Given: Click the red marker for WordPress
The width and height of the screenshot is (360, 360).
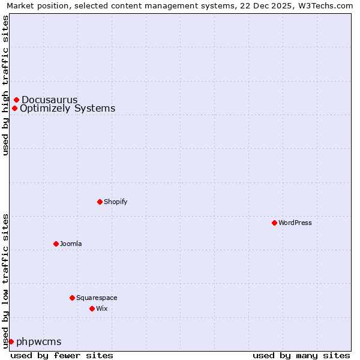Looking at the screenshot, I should (274, 223).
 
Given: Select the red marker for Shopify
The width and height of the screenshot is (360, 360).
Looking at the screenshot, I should (100, 202).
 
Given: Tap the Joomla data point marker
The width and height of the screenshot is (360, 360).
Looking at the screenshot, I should (56, 244).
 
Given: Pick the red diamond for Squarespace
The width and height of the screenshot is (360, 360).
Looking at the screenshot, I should (72, 298).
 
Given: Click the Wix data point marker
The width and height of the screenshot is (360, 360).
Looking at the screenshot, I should (92, 308).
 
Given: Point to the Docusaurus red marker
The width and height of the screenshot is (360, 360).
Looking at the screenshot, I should (16, 100).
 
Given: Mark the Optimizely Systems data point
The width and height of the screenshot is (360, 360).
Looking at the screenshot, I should (14, 108).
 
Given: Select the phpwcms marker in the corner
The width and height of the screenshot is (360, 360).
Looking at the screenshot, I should (11, 341).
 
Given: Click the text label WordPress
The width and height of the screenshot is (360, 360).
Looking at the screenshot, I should (295, 223).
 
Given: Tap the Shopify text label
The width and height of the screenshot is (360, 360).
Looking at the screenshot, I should (116, 202).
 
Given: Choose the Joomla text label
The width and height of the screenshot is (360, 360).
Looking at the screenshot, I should (71, 244).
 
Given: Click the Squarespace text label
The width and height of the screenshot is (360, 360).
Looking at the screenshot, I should (97, 298).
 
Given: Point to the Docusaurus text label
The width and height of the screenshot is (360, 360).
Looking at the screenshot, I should (50, 100).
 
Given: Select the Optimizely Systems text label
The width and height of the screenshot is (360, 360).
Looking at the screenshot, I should (68, 108).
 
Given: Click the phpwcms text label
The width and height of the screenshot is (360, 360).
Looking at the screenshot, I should (39, 341).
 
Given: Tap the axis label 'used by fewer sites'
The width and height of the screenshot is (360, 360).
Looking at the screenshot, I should (62, 355).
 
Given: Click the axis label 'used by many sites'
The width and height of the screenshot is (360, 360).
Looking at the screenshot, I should (301, 355).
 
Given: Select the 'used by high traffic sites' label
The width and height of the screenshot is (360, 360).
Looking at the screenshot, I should (5, 85).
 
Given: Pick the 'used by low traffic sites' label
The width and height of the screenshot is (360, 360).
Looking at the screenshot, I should (5, 280).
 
